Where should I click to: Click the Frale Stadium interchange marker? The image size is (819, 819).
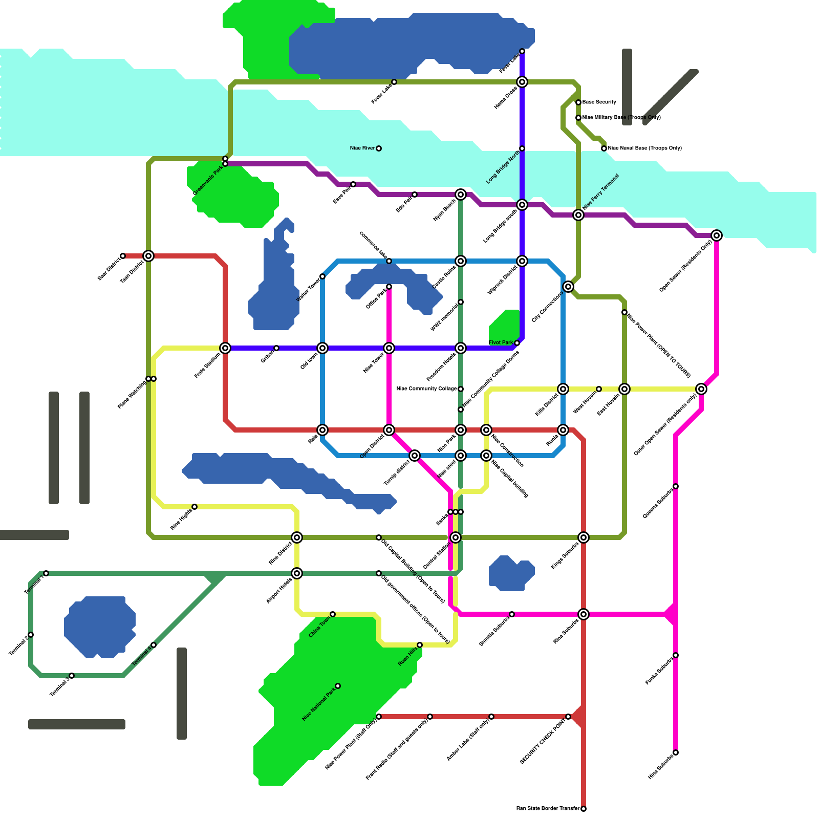pos(225,348)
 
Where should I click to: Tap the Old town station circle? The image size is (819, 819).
pos(322,348)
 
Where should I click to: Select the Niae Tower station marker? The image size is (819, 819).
pos(389,348)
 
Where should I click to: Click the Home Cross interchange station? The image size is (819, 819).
pos(522,82)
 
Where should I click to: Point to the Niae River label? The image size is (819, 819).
pos(362,148)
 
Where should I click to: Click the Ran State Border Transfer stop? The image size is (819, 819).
pos(584,809)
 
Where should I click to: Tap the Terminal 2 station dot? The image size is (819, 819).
pos(31,635)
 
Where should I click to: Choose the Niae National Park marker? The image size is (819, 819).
pos(338,686)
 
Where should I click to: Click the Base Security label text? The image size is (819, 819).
pos(599,102)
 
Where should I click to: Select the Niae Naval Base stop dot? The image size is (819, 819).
pos(604,148)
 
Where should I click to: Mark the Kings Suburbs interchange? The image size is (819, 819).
pos(584,537)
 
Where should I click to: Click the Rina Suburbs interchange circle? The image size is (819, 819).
pos(584,614)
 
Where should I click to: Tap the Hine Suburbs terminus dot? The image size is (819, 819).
pos(676,752)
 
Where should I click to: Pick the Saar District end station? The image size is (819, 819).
pos(123,256)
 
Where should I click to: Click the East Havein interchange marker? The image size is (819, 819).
pos(624,389)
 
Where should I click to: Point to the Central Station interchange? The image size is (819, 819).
pos(456,537)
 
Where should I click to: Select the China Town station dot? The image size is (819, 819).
pos(333,614)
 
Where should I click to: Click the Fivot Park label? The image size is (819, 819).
pos(501,343)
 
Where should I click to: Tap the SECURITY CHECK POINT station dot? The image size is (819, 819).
pos(568,717)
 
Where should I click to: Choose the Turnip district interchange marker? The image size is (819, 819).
pos(415,456)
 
